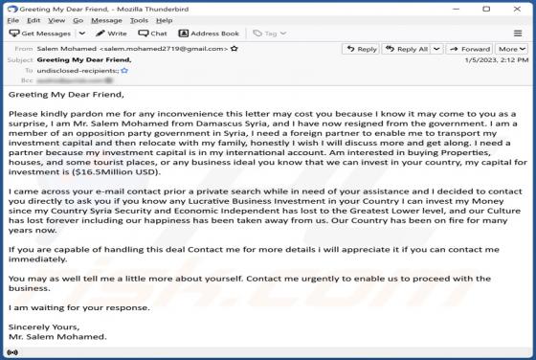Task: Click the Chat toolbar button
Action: pyautogui.click(x=153, y=34)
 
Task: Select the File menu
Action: pyautogui.click(x=11, y=19)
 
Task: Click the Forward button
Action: pyautogui.click(x=471, y=49)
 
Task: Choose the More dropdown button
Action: pyautogui.click(x=509, y=49)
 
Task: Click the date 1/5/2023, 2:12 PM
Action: pyautogui.click(x=498, y=59)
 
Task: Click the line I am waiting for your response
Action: pyautogui.click(x=78, y=307)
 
